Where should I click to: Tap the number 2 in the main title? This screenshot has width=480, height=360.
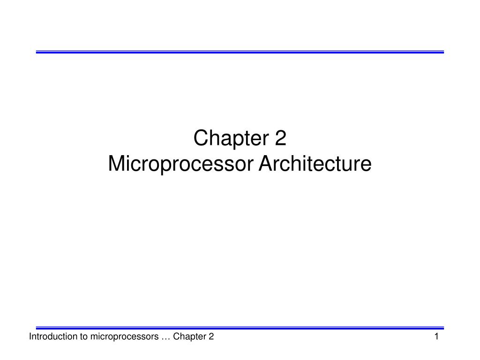point(280,138)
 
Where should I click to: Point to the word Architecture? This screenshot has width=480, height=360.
point(315,164)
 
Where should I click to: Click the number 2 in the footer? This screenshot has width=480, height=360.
point(211,337)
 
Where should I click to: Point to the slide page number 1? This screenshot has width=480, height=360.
point(436,337)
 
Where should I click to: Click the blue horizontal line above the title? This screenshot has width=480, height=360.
point(240,52)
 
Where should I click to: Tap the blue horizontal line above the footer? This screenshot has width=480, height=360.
point(240,328)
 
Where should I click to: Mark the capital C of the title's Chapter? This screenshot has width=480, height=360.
point(200,139)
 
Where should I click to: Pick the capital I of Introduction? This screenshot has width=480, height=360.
point(30,337)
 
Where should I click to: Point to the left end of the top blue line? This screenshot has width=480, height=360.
point(37,52)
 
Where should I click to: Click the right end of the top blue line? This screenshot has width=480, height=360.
point(442,52)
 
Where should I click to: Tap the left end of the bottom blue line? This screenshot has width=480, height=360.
point(37,328)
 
